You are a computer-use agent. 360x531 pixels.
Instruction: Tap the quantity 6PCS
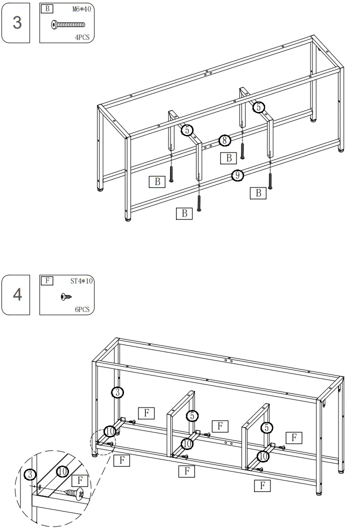click(81, 309)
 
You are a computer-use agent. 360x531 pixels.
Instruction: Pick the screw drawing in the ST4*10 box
click(64, 296)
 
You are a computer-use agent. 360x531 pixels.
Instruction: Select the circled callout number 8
click(225, 140)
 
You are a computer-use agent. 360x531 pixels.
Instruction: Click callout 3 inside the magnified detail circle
click(30, 473)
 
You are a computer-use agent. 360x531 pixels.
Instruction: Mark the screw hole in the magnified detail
click(40, 486)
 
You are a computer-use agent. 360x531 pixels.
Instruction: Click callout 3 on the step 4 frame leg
click(116, 392)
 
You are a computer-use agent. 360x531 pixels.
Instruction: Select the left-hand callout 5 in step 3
click(186, 130)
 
